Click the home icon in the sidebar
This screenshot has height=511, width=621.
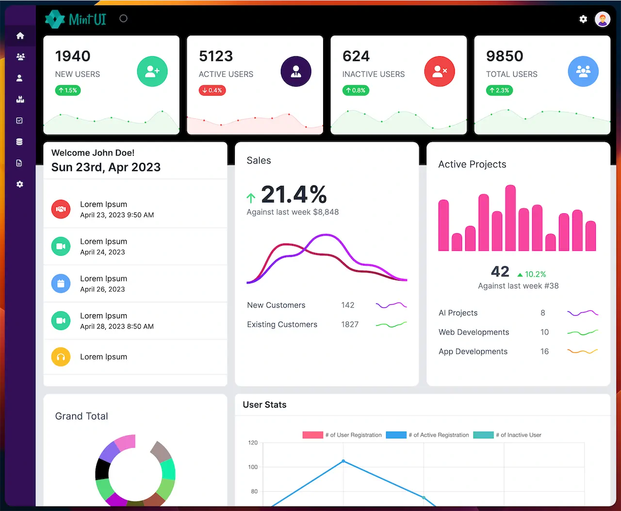[20, 36]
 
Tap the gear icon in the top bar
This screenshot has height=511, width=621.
[583, 19]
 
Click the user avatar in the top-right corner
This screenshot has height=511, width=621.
[602, 19]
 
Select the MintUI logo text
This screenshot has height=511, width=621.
[87, 19]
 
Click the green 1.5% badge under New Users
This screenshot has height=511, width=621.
[68, 90]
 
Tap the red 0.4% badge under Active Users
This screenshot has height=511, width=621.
[212, 90]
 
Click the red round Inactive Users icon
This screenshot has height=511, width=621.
[439, 71]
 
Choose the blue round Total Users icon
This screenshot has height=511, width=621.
[583, 71]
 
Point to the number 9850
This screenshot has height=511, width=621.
[505, 56]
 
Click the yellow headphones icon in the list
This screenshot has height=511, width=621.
[61, 356]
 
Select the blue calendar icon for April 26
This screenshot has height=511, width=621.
[61, 283]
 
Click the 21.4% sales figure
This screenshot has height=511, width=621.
[294, 194]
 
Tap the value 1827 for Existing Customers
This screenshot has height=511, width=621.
[350, 324]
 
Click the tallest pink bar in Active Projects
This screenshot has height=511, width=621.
[510, 218]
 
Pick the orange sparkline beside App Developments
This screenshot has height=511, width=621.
[582, 351]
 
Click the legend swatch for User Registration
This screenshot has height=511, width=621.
[312, 435]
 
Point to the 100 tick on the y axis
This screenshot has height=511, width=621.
[253, 467]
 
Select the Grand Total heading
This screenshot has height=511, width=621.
[82, 416]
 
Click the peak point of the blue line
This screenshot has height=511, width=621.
[343, 461]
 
